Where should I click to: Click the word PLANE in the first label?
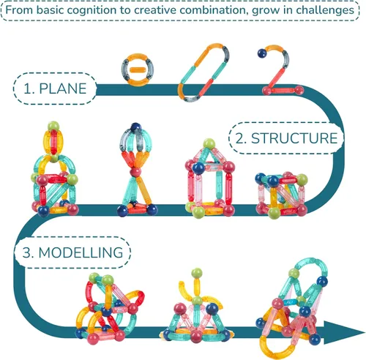(x=63, y=89)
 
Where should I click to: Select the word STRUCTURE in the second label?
(x=294, y=138)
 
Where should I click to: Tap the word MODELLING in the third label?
(x=81, y=252)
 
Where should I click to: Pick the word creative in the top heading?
(x=154, y=10)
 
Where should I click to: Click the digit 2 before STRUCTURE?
(x=239, y=138)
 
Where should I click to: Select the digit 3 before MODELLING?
(x=27, y=252)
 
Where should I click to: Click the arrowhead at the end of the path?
(x=344, y=332)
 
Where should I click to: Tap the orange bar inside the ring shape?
(x=138, y=70)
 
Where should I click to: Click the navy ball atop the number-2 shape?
(x=262, y=53)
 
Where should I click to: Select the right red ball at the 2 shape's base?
(x=299, y=90)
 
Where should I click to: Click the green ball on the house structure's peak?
(x=209, y=144)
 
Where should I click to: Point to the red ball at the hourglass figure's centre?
(x=135, y=172)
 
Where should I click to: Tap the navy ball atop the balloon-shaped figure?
(x=135, y=127)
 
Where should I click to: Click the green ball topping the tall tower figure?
(x=53, y=126)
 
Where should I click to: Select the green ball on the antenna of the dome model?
(x=197, y=273)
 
